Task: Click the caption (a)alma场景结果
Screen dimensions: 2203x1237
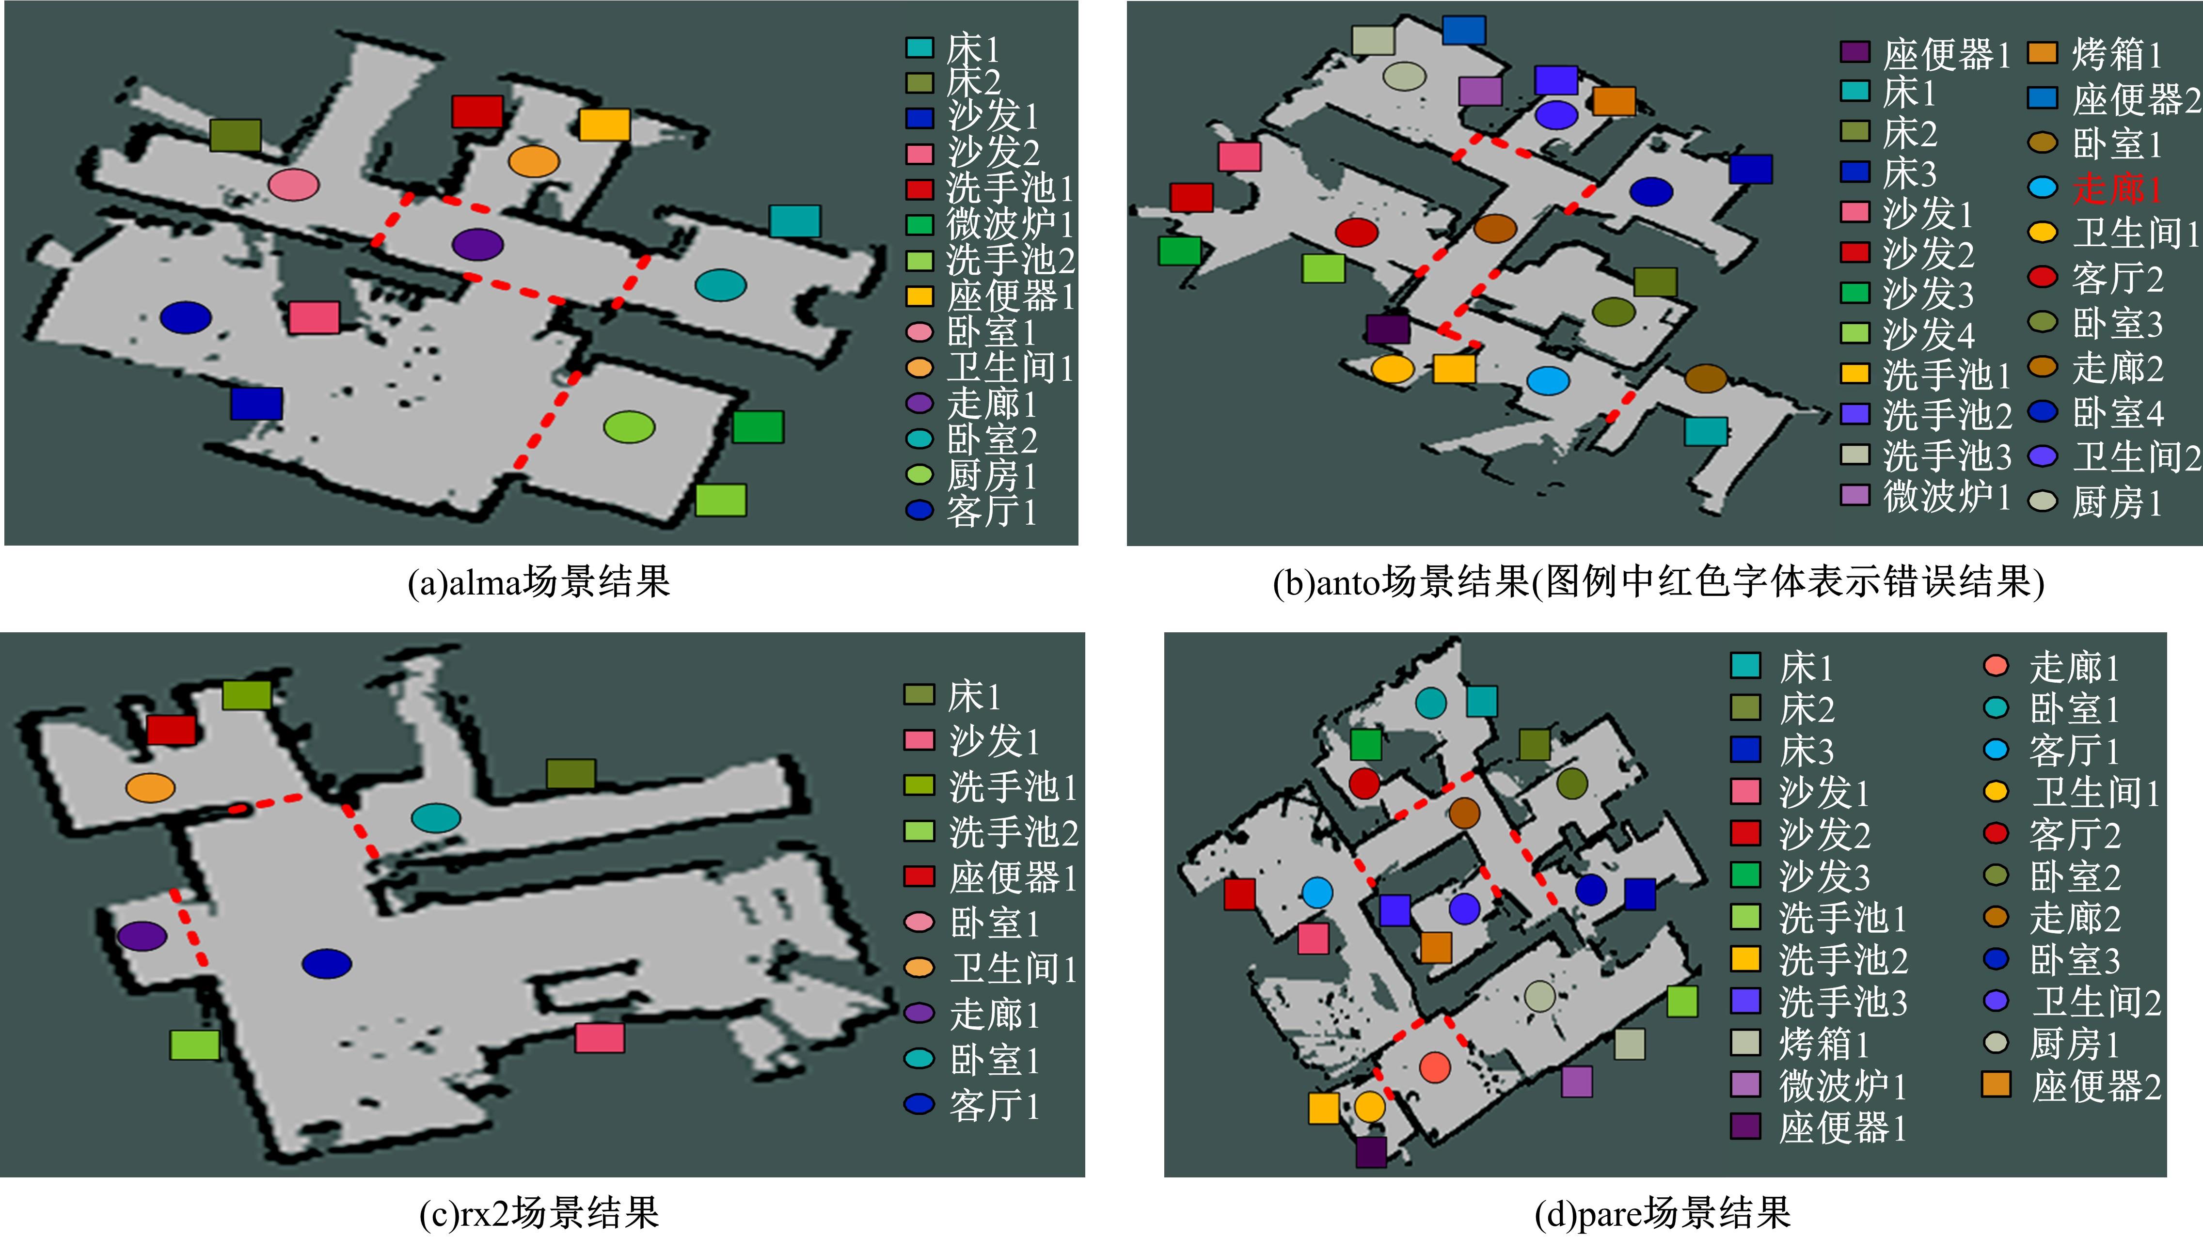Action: (x=539, y=582)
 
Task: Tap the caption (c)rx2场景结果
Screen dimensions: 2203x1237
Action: (x=539, y=1212)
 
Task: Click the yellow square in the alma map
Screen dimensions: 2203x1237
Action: (x=604, y=125)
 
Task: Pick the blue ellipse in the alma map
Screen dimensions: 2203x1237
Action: (x=186, y=318)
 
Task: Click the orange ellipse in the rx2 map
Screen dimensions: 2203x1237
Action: (x=151, y=787)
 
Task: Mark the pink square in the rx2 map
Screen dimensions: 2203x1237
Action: (x=600, y=1038)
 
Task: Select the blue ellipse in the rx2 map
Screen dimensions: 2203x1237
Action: (x=327, y=963)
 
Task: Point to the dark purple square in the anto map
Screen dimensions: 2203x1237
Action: (x=1387, y=329)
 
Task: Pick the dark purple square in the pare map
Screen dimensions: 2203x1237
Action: (x=1371, y=1152)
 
